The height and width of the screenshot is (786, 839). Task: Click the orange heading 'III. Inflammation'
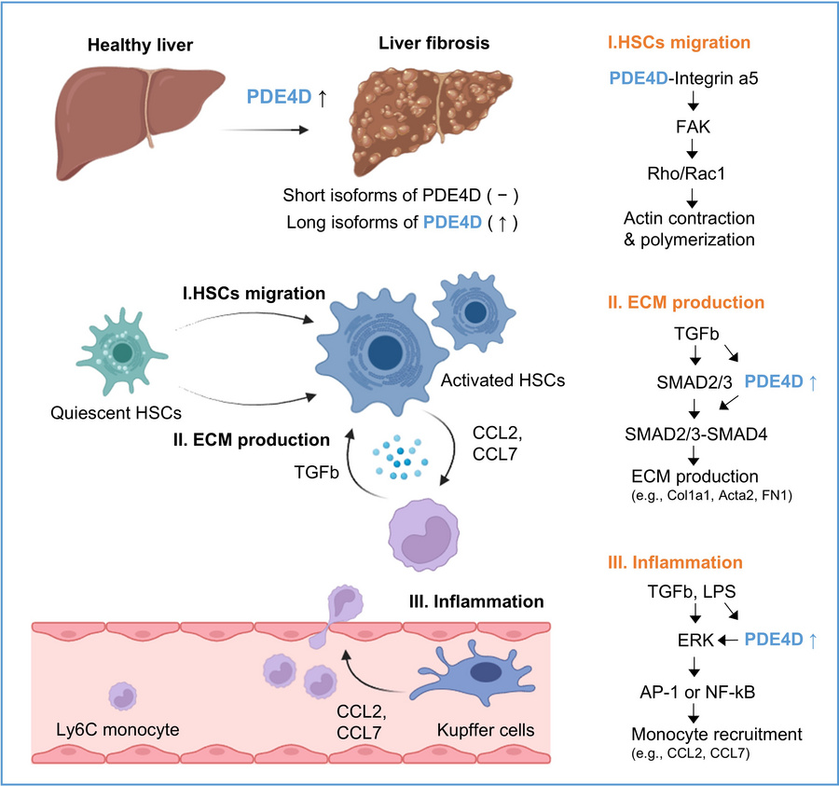pyautogui.click(x=688, y=562)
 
